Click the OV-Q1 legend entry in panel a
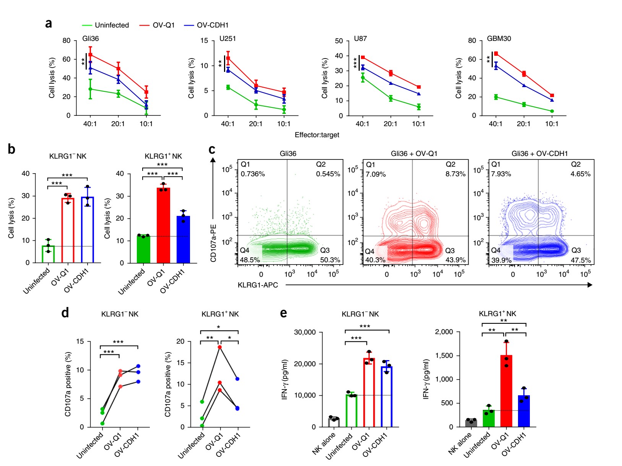click(x=163, y=25)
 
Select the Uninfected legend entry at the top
click(x=112, y=25)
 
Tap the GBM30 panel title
click(x=499, y=39)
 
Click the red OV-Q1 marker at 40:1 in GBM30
click(x=496, y=54)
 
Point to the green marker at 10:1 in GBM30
click(x=552, y=111)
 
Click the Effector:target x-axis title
click(x=317, y=135)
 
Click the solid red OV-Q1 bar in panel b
click(x=163, y=226)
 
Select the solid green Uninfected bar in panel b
click(x=143, y=249)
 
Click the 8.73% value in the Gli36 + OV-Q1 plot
click(x=455, y=174)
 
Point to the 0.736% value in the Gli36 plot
click(x=253, y=174)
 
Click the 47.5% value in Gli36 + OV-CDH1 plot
click(x=581, y=260)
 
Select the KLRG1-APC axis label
click(x=258, y=285)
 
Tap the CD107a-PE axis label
click(x=213, y=243)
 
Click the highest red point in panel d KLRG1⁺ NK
click(x=220, y=347)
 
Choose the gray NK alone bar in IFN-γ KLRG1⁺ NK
click(x=471, y=423)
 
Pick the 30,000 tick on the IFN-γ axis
click(x=305, y=332)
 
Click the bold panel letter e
click(x=283, y=313)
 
